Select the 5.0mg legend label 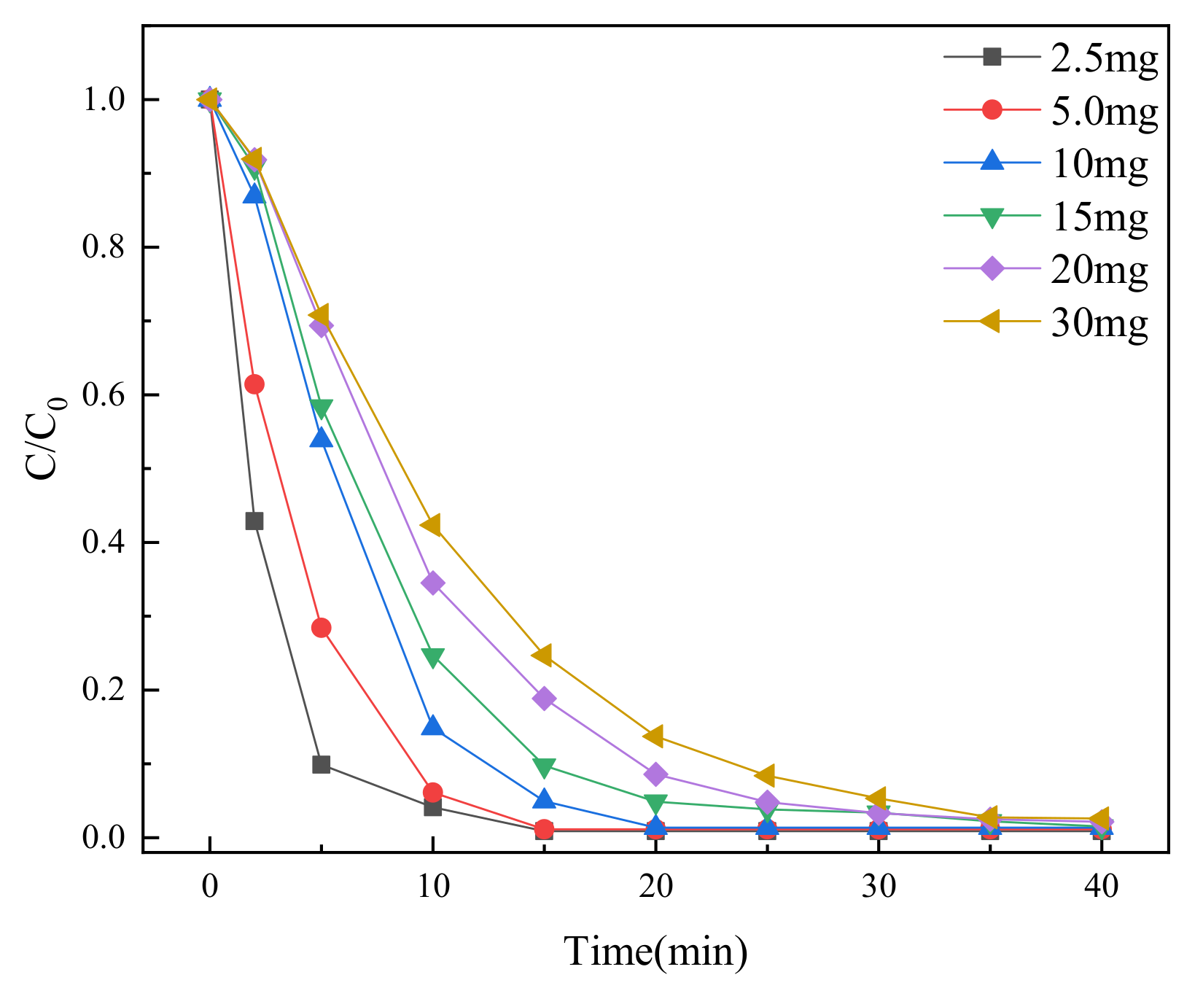(1104, 111)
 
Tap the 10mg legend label (1099, 163)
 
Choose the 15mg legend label (1099, 216)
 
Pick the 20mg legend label (1099, 269)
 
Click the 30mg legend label (1099, 322)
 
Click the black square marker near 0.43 (254, 521)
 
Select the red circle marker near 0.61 (254, 384)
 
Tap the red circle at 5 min (321, 628)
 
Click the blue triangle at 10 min (432, 726)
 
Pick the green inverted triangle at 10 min (432, 657)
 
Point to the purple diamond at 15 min (544, 699)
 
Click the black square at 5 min (321, 764)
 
